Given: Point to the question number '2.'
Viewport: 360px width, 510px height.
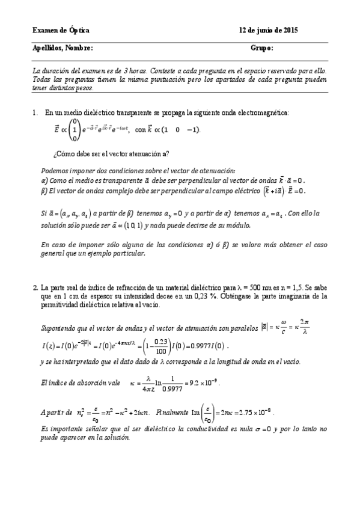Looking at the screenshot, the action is (35, 288).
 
